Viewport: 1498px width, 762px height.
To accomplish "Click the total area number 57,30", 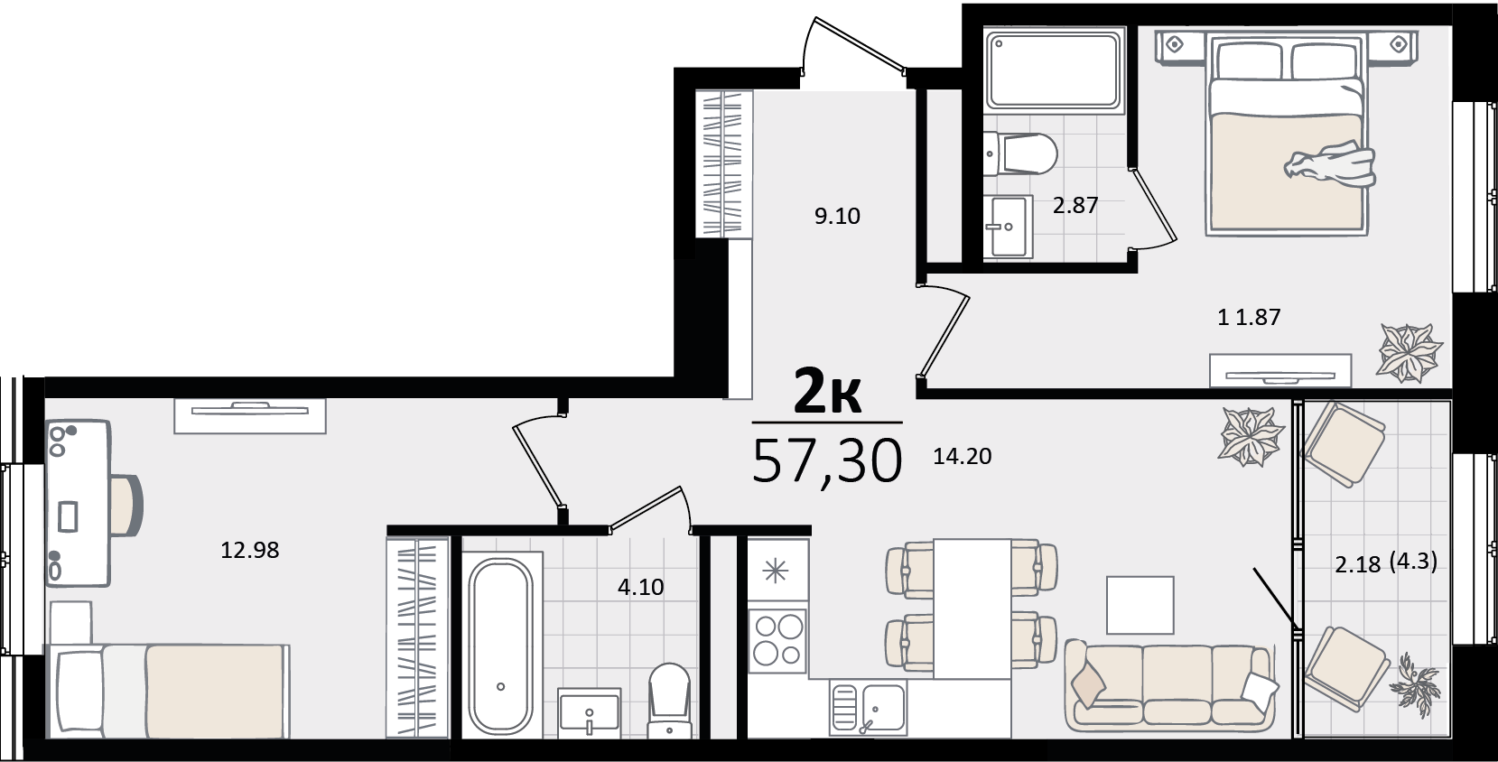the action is (827, 461).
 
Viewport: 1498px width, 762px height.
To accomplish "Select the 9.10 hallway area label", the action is (837, 216).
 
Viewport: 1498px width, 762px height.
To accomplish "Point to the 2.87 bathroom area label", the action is (1075, 205).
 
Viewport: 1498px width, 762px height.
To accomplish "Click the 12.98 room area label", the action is (249, 550).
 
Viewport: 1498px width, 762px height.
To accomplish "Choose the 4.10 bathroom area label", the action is (641, 587).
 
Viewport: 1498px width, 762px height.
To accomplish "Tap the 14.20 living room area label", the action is (963, 456).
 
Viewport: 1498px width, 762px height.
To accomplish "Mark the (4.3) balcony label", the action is (1413, 561).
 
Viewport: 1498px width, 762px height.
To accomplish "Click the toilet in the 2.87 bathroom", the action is (1020, 153).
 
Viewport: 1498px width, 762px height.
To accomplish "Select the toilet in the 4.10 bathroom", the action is (669, 700).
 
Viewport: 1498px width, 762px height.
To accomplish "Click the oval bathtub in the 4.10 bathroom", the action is (501, 646).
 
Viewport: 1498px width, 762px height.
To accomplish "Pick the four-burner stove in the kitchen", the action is (777, 640).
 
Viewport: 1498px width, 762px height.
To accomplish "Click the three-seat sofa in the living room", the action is (1170, 685).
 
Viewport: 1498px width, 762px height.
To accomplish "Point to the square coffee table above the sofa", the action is (1140, 605).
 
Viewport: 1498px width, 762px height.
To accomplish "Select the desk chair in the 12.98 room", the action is (127, 505).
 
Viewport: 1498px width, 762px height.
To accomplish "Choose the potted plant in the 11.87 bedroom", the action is (1409, 352).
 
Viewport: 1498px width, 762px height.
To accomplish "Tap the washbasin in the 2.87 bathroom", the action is (1008, 227).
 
